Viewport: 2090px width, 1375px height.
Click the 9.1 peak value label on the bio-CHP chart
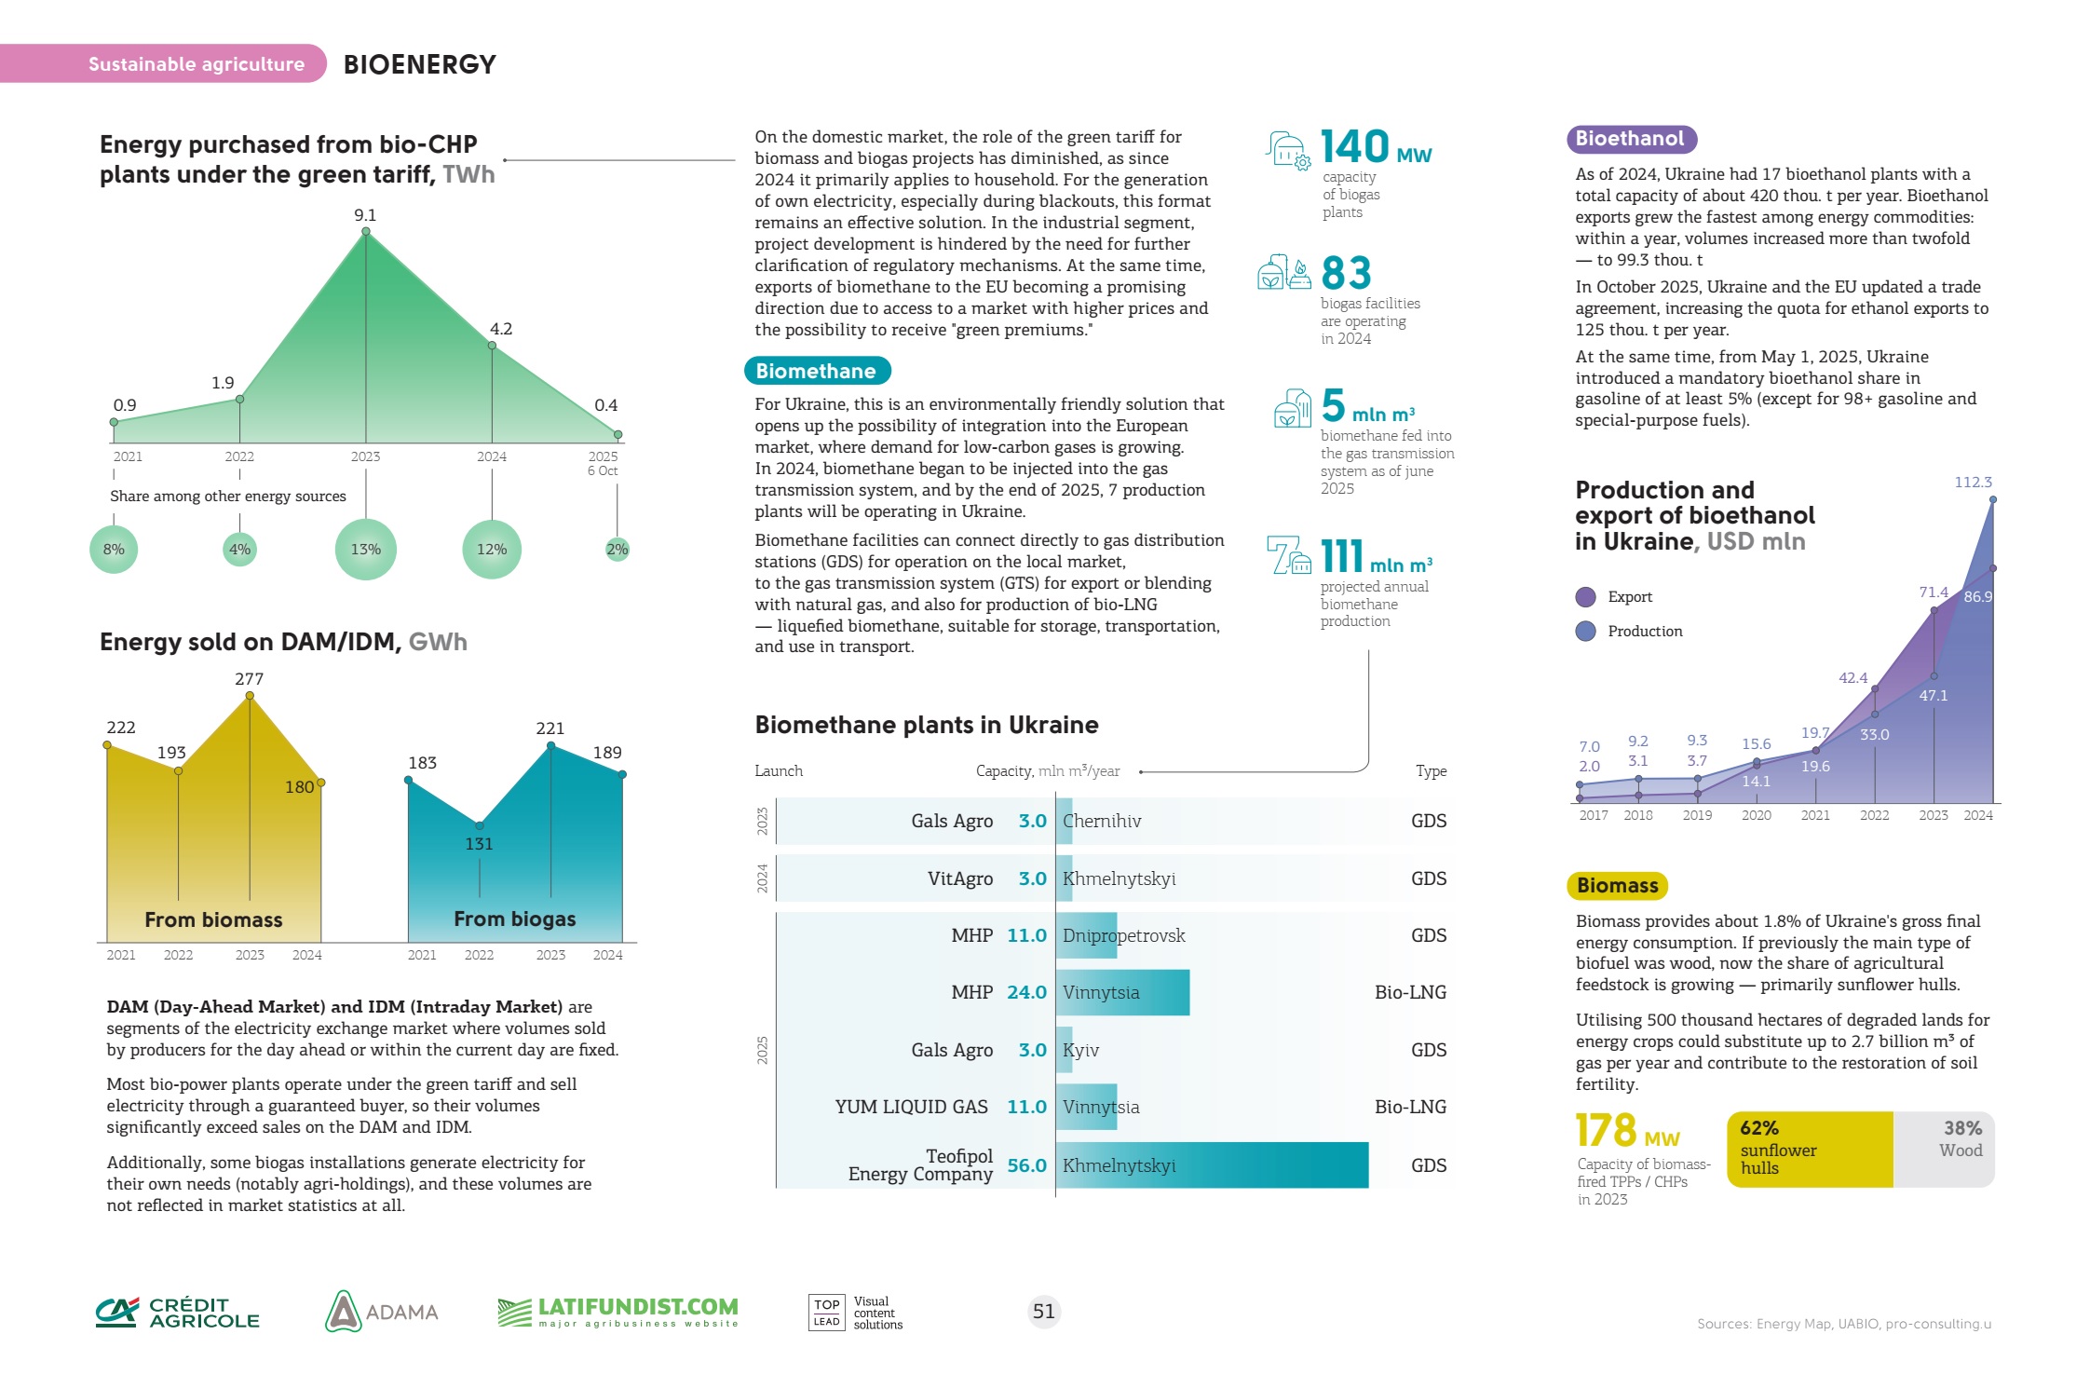pyautogui.click(x=365, y=215)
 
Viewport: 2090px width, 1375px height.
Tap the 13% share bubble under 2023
pyautogui.click(x=366, y=550)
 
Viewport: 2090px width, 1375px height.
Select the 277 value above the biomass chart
pyautogui.click(x=249, y=679)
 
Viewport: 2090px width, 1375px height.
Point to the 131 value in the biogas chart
pyautogui.click(x=479, y=844)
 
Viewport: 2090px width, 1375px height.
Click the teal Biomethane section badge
pyautogui.click(x=817, y=371)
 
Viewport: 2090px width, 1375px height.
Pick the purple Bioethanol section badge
pyautogui.click(x=1630, y=139)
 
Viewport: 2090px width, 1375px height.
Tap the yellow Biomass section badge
pyautogui.click(x=1617, y=885)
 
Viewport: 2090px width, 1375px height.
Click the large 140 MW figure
pyautogui.click(x=1375, y=147)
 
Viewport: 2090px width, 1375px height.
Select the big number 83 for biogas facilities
pyautogui.click(x=1347, y=273)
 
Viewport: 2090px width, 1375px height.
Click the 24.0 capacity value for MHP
pyautogui.click(x=1026, y=992)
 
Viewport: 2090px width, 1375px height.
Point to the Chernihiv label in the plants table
pyautogui.click(x=1102, y=821)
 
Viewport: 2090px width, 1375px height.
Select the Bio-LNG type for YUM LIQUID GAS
pyautogui.click(x=1410, y=1107)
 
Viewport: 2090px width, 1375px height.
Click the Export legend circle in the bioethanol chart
pyautogui.click(x=1585, y=597)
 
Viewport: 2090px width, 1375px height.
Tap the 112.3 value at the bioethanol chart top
pyautogui.click(x=1973, y=483)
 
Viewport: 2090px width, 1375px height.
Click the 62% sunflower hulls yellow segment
pyautogui.click(x=1809, y=1150)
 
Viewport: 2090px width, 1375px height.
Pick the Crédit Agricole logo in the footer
pyautogui.click(x=178, y=1313)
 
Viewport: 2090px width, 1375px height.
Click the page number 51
pyautogui.click(x=1044, y=1312)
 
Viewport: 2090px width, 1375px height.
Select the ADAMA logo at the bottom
pyautogui.click(x=382, y=1312)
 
